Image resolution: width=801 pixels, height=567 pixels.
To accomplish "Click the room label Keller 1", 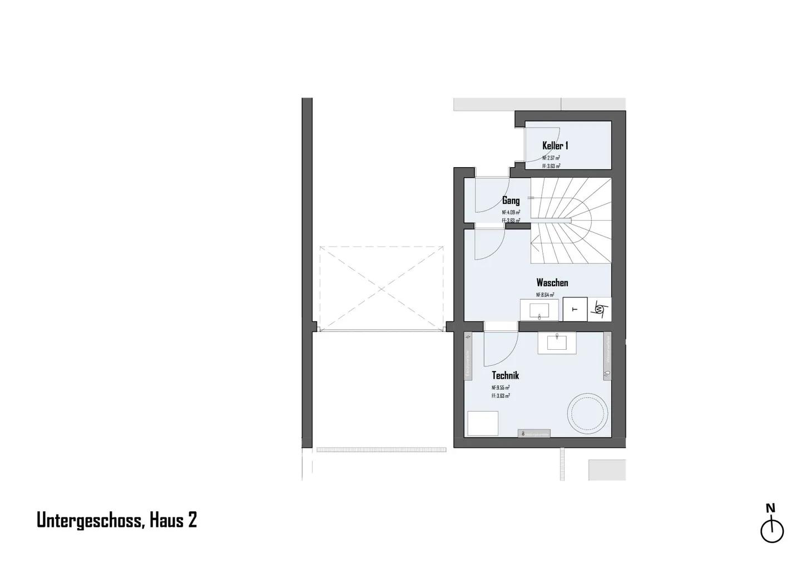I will point(555,146).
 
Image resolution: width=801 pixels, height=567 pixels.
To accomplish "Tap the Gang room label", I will point(511,201).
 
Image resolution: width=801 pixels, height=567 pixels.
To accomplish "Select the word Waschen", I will point(552,283).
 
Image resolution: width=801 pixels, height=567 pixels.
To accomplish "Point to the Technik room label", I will point(505,375).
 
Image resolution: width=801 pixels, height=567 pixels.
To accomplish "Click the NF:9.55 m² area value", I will point(501,388).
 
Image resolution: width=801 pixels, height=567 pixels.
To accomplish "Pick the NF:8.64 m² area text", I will point(545,295).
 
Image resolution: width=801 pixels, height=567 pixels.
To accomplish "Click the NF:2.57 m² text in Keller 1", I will point(551,158).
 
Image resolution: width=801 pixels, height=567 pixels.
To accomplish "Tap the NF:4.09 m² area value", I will point(511,212).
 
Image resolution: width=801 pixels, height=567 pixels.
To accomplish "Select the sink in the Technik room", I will point(557,343).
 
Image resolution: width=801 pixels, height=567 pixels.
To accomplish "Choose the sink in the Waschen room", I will point(539,310).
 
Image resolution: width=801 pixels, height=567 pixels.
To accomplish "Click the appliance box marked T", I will point(575,309).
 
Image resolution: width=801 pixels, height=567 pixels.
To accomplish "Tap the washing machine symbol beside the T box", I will point(600,309).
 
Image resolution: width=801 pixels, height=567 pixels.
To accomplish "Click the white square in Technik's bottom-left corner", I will point(482,423).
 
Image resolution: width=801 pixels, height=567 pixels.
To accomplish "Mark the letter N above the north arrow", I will point(770,508).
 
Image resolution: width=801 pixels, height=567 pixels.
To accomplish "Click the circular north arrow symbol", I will point(772,531).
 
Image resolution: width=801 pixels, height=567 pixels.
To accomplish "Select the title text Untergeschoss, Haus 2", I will point(117,520).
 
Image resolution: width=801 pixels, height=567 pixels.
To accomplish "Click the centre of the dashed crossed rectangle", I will point(382,289).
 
